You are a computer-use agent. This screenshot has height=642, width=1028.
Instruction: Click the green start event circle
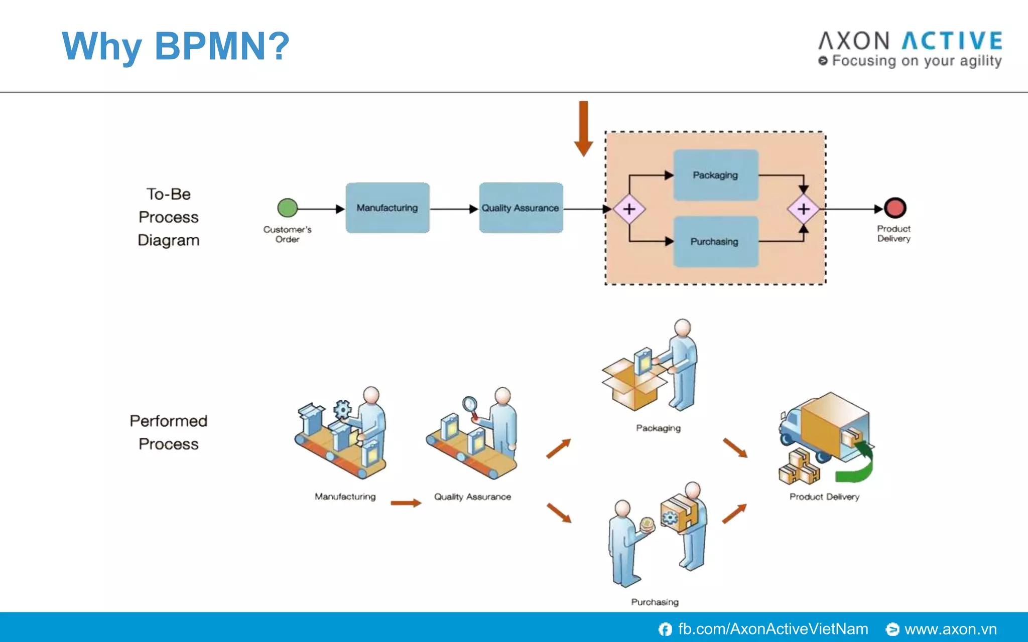(288, 208)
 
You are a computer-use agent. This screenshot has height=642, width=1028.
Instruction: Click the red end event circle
(894, 208)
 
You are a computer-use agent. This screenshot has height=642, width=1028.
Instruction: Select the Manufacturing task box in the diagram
(388, 208)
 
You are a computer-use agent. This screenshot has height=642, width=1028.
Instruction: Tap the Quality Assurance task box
(521, 208)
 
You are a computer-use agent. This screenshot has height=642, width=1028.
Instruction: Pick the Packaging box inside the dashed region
(715, 175)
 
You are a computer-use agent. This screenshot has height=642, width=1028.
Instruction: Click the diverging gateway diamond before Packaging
(629, 209)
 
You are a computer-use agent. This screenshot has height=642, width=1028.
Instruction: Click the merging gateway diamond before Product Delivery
(803, 209)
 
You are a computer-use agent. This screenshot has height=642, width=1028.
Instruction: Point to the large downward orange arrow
(583, 128)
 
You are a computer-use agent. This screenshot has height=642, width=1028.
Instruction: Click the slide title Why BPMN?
(176, 46)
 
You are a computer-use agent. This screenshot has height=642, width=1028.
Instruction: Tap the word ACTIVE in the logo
(952, 41)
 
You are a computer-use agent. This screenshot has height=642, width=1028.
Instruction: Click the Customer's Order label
(288, 234)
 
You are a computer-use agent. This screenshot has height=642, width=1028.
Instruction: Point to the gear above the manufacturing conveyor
(342, 409)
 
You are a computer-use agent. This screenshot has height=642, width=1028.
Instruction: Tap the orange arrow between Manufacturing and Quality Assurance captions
(406, 503)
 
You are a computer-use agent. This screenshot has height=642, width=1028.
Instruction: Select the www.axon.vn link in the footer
(950, 629)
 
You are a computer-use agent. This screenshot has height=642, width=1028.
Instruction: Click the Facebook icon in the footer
(665, 629)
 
